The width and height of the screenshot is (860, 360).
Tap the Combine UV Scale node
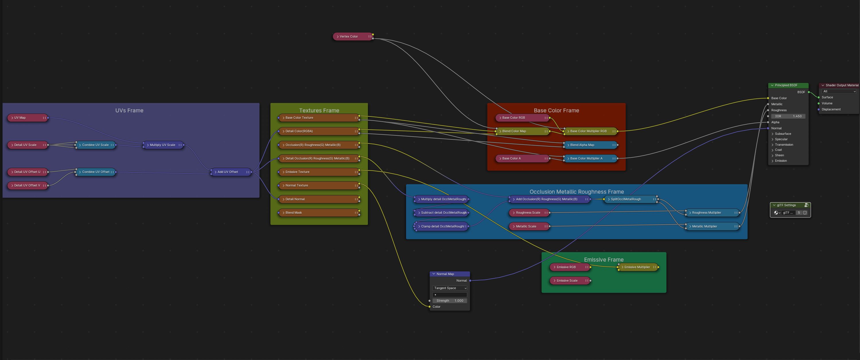[95, 145]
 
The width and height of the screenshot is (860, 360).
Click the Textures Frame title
[319, 110]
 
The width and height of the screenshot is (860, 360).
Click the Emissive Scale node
[570, 281]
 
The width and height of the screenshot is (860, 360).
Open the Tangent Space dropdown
[449, 288]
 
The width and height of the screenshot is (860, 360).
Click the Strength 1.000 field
[449, 301]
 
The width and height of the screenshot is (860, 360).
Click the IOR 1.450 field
[788, 116]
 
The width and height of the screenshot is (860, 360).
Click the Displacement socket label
[831, 109]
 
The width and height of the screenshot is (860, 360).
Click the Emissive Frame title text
[603, 260]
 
